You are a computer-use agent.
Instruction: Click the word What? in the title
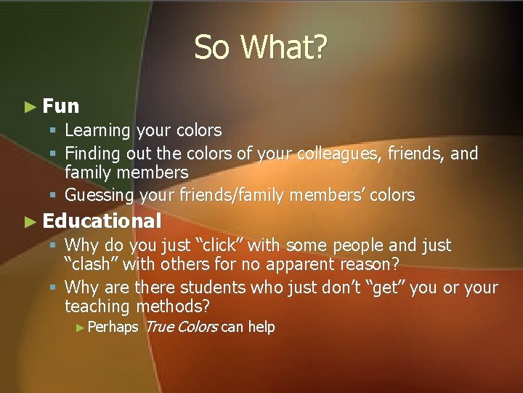pyautogui.click(x=285, y=48)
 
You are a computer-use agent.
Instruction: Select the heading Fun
pyautogui.click(x=61, y=106)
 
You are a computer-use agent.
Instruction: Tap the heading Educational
pyautogui.click(x=102, y=221)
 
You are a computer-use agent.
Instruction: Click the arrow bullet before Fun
pyautogui.click(x=29, y=107)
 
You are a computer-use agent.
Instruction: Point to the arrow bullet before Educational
pyautogui.click(x=29, y=221)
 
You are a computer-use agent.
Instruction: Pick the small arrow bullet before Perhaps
pyautogui.click(x=80, y=327)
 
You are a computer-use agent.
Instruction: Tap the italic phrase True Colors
pyautogui.click(x=181, y=327)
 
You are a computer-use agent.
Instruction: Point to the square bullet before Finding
pyautogui.click(x=55, y=154)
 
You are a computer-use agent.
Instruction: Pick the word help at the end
pyautogui.click(x=261, y=327)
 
